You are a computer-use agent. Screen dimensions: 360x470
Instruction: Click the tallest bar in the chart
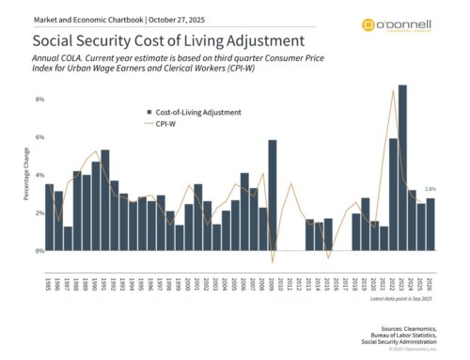402,169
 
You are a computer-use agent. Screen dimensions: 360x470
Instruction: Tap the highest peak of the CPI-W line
392,90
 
